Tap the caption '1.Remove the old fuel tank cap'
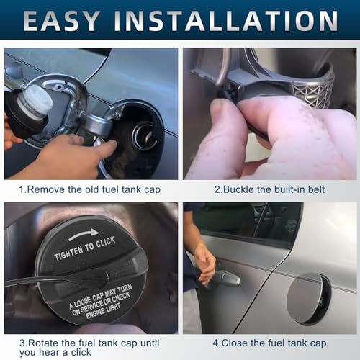(x=90, y=190)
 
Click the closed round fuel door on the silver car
(x=307, y=297)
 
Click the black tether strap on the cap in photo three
(x=50, y=277)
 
